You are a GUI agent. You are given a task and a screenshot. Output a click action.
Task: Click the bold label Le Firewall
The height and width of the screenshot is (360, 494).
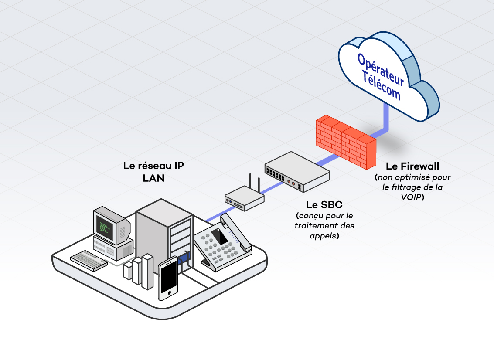pyautogui.click(x=412, y=166)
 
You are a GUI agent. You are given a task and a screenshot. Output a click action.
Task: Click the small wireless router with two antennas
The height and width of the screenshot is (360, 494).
pyautogui.click(x=244, y=198)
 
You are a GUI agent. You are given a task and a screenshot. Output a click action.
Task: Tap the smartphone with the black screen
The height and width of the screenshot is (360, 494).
pyautogui.click(x=168, y=278)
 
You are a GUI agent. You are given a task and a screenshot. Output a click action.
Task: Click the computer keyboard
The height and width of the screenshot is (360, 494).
pyautogui.click(x=89, y=261)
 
